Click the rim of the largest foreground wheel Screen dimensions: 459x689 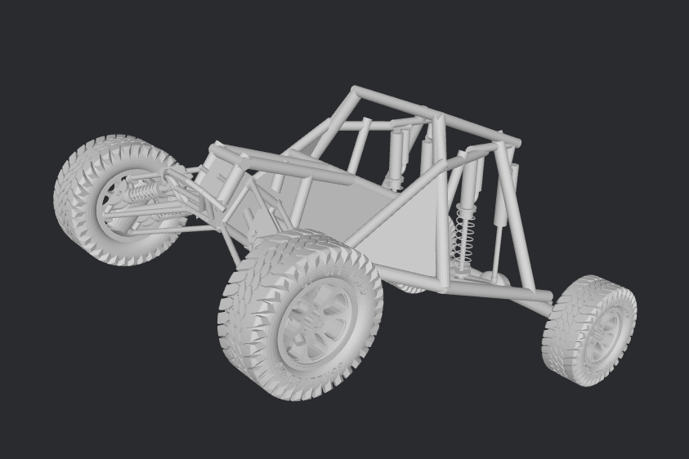tap(315, 322)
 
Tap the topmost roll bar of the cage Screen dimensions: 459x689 tap(433, 114)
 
